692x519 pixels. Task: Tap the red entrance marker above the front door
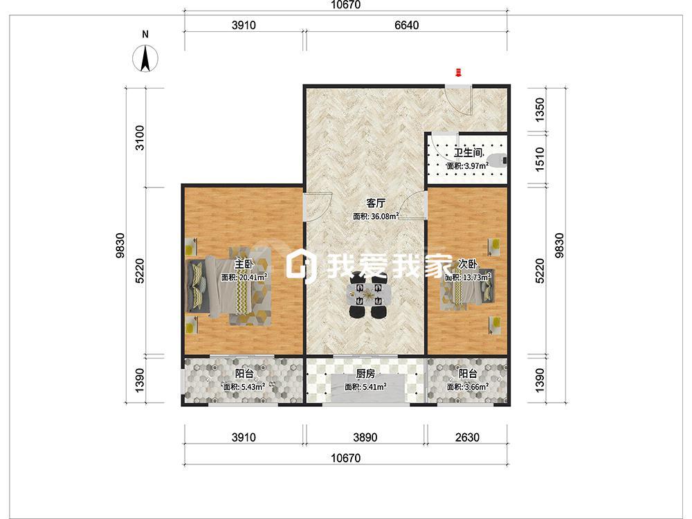(458, 73)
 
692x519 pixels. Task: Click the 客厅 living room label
(376, 203)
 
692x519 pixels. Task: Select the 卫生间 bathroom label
(468, 153)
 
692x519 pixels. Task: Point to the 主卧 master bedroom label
(244, 264)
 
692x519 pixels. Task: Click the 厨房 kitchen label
(365, 374)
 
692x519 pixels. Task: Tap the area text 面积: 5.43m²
(244, 387)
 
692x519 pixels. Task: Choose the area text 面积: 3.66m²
(467, 387)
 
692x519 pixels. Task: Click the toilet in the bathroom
(500, 161)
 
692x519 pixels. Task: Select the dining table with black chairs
(369, 295)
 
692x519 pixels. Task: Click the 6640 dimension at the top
(406, 25)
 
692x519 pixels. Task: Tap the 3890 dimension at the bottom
(365, 437)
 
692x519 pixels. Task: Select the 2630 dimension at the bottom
(467, 437)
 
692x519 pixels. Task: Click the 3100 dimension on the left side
(140, 138)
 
